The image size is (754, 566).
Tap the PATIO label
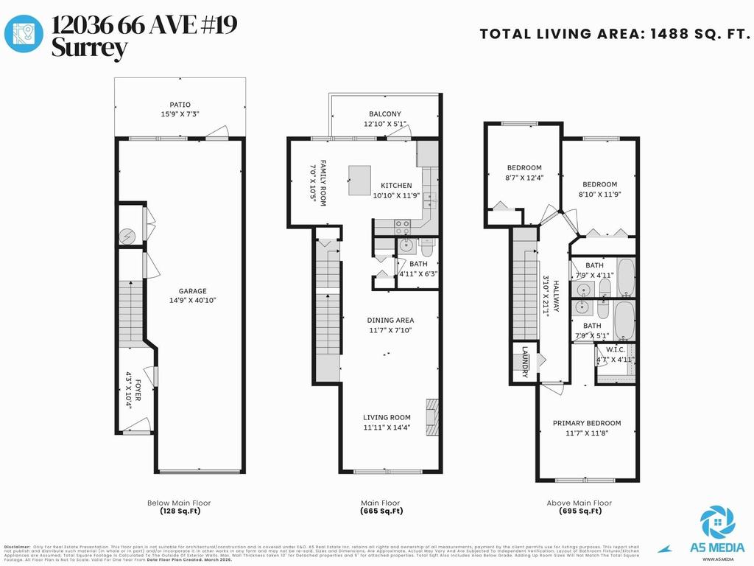click(x=180, y=105)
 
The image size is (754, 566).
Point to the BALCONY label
click(x=385, y=114)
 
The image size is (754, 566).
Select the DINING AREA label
click(x=390, y=320)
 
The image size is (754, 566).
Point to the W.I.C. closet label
click(x=615, y=349)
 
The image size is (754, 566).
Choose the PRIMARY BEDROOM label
click(x=587, y=423)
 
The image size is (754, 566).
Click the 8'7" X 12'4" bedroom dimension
click(x=524, y=178)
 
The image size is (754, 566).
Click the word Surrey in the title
click(x=89, y=49)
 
